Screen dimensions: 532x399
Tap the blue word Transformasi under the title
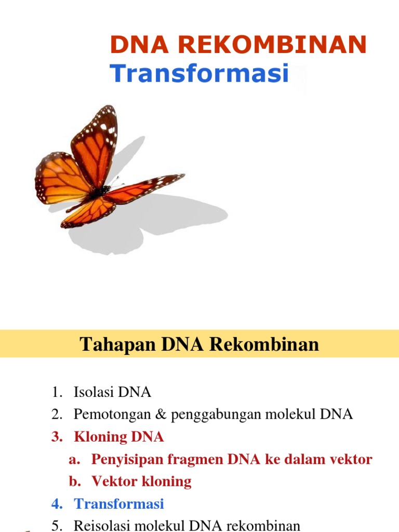(x=199, y=73)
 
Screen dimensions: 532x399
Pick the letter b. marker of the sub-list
(x=75, y=482)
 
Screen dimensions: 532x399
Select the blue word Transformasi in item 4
(x=119, y=503)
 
